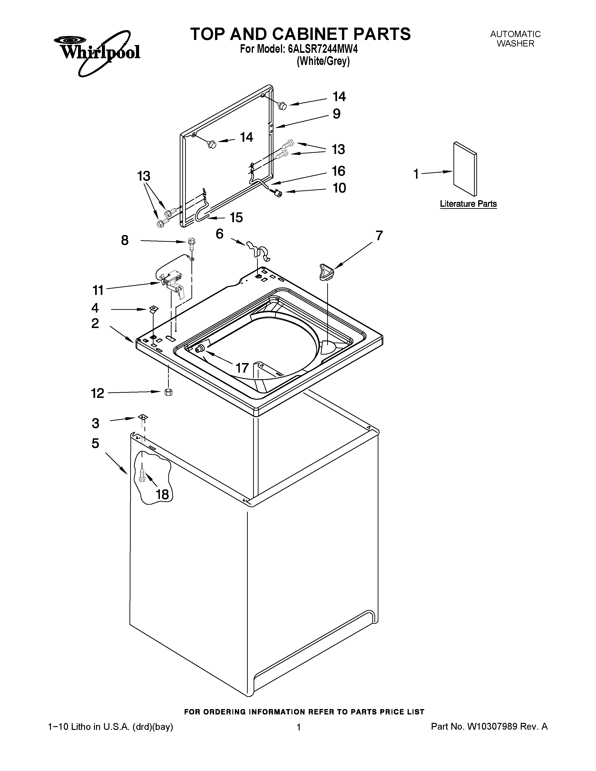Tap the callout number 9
pyautogui.click(x=337, y=114)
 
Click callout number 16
pyautogui.click(x=338, y=171)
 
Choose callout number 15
pyautogui.click(x=236, y=218)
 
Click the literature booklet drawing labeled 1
pyautogui.click(x=465, y=169)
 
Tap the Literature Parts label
pyautogui.click(x=468, y=204)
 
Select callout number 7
pyautogui.click(x=379, y=236)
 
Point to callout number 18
pyautogui.click(x=162, y=494)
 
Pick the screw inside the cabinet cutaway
pyautogui.click(x=142, y=475)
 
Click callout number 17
pyautogui.click(x=242, y=368)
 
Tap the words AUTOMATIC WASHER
pyautogui.click(x=515, y=39)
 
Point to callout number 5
pyautogui.click(x=95, y=443)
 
